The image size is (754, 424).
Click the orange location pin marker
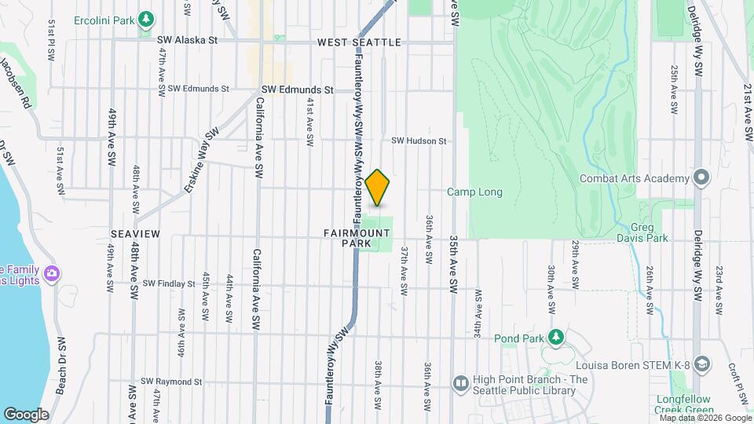(x=378, y=188)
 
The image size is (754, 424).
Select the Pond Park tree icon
(x=556, y=338)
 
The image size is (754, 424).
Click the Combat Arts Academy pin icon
(x=701, y=177)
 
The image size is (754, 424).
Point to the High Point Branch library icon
(x=460, y=383)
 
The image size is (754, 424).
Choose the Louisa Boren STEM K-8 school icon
(x=701, y=364)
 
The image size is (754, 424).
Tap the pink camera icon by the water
(x=52, y=273)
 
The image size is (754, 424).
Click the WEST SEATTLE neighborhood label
(x=359, y=42)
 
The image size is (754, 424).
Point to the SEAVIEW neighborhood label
(x=135, y=234)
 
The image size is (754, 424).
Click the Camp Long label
(x=474, y=192)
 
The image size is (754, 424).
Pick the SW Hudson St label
(x=419, y=141)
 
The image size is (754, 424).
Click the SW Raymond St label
(x=171, y=382)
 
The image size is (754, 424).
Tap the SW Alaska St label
(x=187, y=39)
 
